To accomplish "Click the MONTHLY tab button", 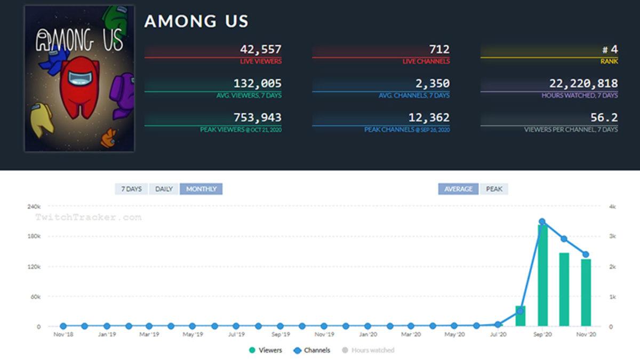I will tap(201, 189).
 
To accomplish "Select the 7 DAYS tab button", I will tap(131, 189).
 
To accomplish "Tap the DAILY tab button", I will tap(164, 189).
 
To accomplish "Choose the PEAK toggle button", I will tap(494, 189).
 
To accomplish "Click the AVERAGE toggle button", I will tap(458, 189).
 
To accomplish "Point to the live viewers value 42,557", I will tap(260, 50).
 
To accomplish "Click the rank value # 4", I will tap(610, 50).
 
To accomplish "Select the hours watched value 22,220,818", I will tap(583, 84).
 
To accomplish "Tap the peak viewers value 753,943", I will tap(257, 117).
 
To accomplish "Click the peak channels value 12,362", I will tap(429, 117).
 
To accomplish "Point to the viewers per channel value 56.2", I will tap(604, 117).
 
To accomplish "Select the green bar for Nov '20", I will tap(586, 292).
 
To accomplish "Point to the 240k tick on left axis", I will tap(34, 206).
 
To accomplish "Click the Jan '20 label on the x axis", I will tap(368, 334).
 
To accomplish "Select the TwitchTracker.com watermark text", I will tap(88, 217).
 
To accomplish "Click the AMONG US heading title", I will tap(196, 21).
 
